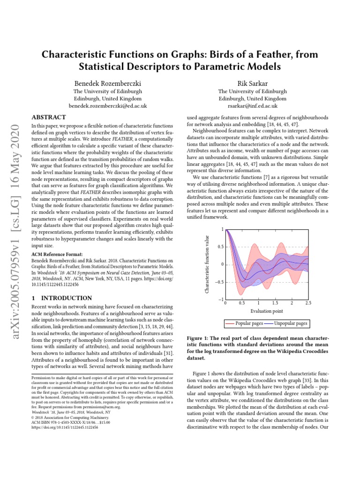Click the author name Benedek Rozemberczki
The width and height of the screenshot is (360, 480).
(x=107, y=83)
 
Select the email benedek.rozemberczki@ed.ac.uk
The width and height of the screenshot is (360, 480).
(x=107, y=106)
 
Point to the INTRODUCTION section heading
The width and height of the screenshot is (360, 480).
(x=61, y=298)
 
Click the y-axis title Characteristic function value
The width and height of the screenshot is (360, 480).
(x=208, y=265)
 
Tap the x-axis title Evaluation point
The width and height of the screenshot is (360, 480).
(x=266, y=311)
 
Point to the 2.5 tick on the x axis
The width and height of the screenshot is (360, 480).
(x=307, y=303)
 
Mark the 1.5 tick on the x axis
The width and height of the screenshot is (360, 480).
(x=275, y=303)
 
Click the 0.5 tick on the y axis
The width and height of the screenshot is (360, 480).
(x=219, y=247)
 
